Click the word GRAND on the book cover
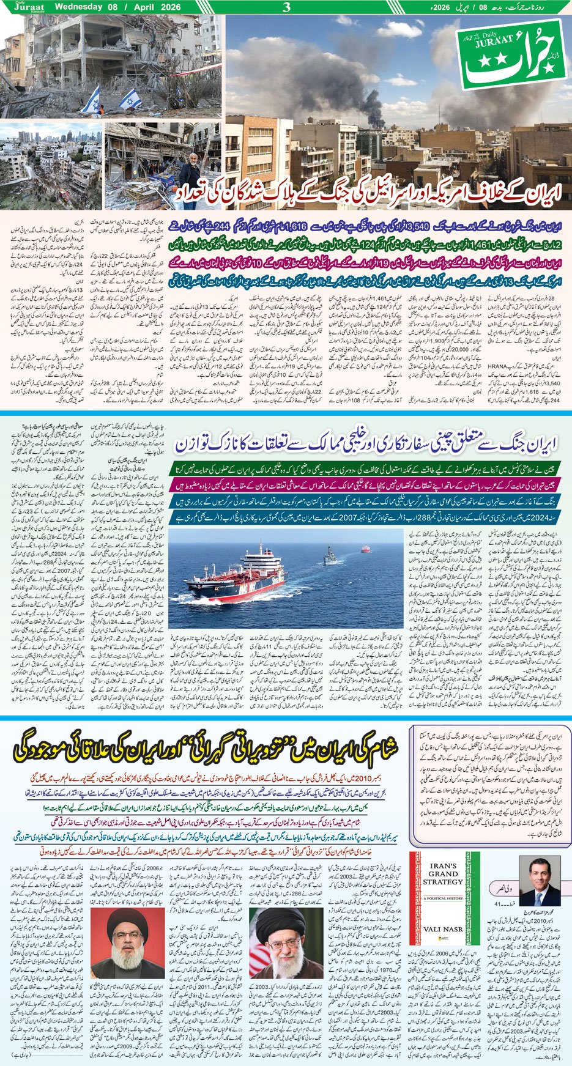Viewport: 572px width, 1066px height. tap(443, 876)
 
